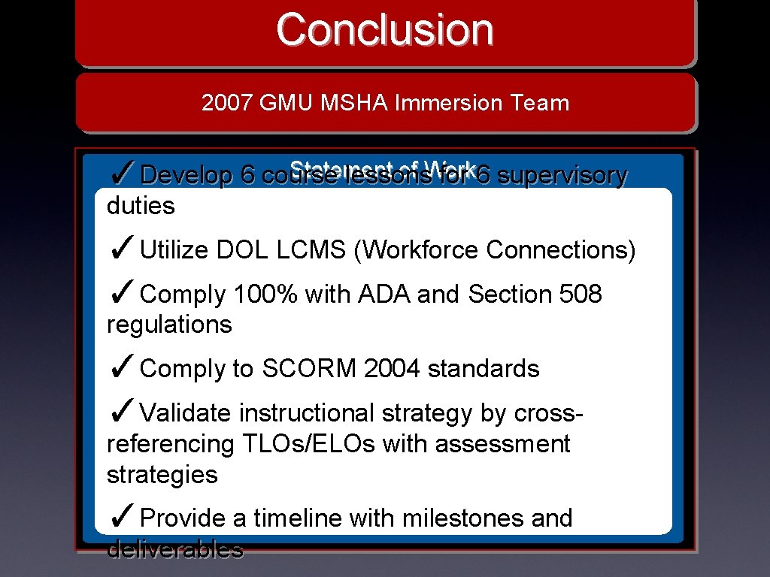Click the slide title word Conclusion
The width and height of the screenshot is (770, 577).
(x=384, y=30)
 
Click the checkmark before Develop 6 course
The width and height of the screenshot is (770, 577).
(x=122, y=174)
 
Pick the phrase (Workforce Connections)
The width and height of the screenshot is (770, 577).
(x=494, y=250)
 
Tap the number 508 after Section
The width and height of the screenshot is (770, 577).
(x=581, y=295)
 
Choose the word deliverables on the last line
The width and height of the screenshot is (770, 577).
(x=175, y=550)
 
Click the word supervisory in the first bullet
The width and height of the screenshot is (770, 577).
(x=562, y=175)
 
